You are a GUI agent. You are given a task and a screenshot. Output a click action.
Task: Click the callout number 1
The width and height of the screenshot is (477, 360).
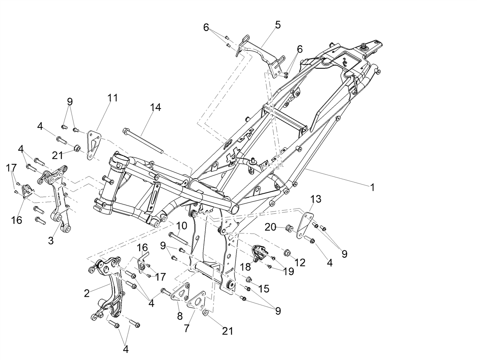tap(372, 187)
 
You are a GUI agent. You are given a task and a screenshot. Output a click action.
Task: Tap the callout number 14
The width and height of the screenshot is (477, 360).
tap(155, 107)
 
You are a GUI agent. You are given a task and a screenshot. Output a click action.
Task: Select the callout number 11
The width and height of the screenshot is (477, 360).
tap(113, 98)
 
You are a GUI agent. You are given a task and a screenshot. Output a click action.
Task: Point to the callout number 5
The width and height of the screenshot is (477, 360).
tap(277, 25)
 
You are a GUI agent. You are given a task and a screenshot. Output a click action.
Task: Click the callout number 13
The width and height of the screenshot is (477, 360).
tap(316, 199)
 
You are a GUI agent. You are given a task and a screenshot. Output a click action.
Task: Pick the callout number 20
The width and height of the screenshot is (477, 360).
tap(270, 228)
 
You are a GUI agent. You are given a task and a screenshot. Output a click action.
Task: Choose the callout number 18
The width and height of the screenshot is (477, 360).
tap(246, 267)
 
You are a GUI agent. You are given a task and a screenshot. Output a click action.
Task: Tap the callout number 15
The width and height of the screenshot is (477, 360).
tap(264, 289)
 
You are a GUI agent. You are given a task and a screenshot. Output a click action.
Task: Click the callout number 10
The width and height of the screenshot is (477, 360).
tap(181, 226)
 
